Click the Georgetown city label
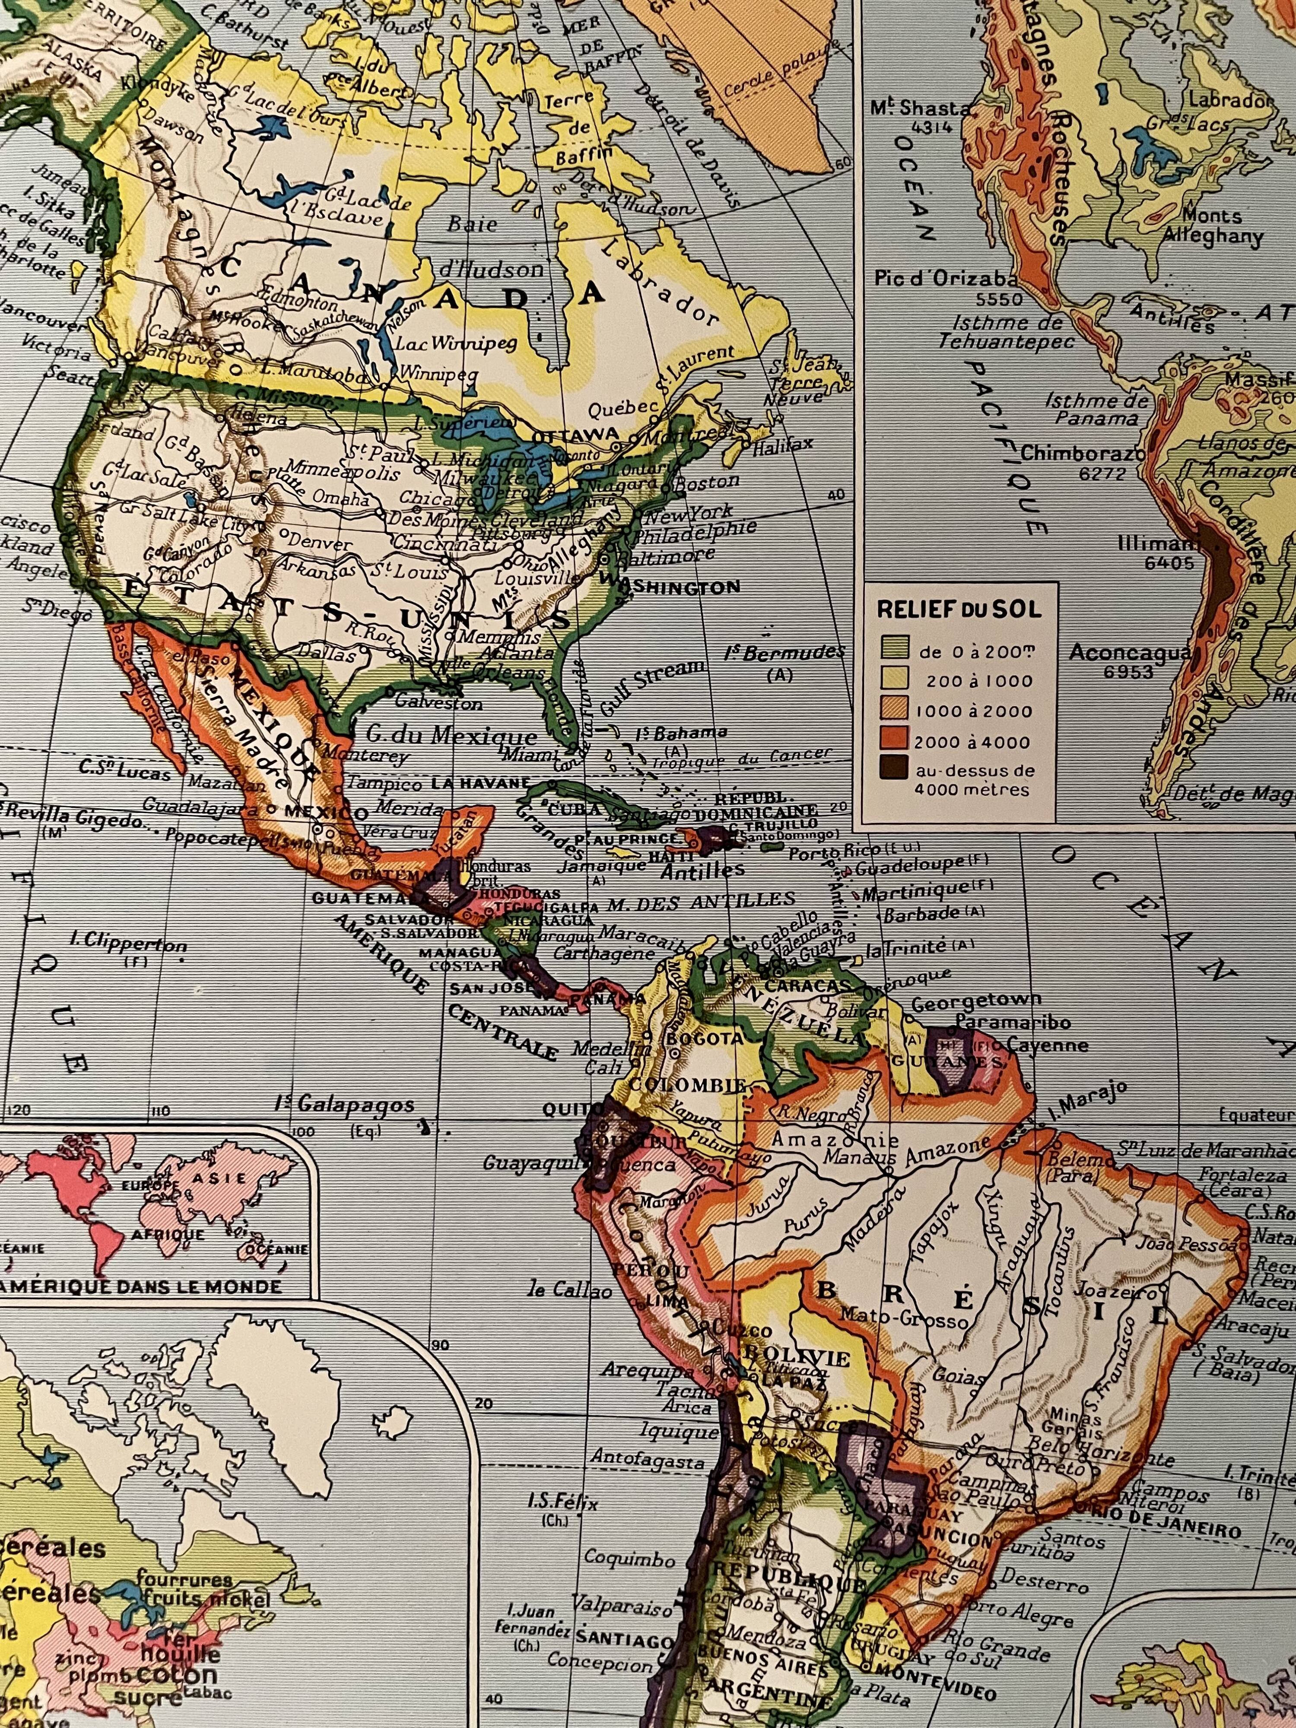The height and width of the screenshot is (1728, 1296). (976, 1001)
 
